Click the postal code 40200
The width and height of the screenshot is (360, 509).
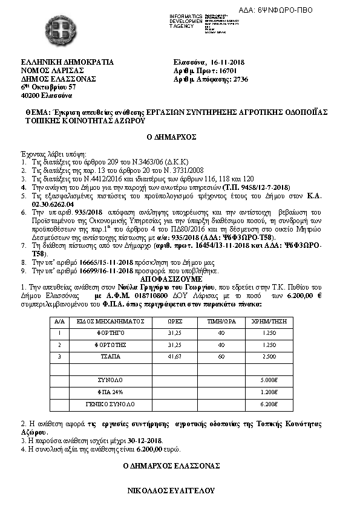[x=30, y=96]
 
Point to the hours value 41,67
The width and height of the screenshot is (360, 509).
[x=174, y=357]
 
